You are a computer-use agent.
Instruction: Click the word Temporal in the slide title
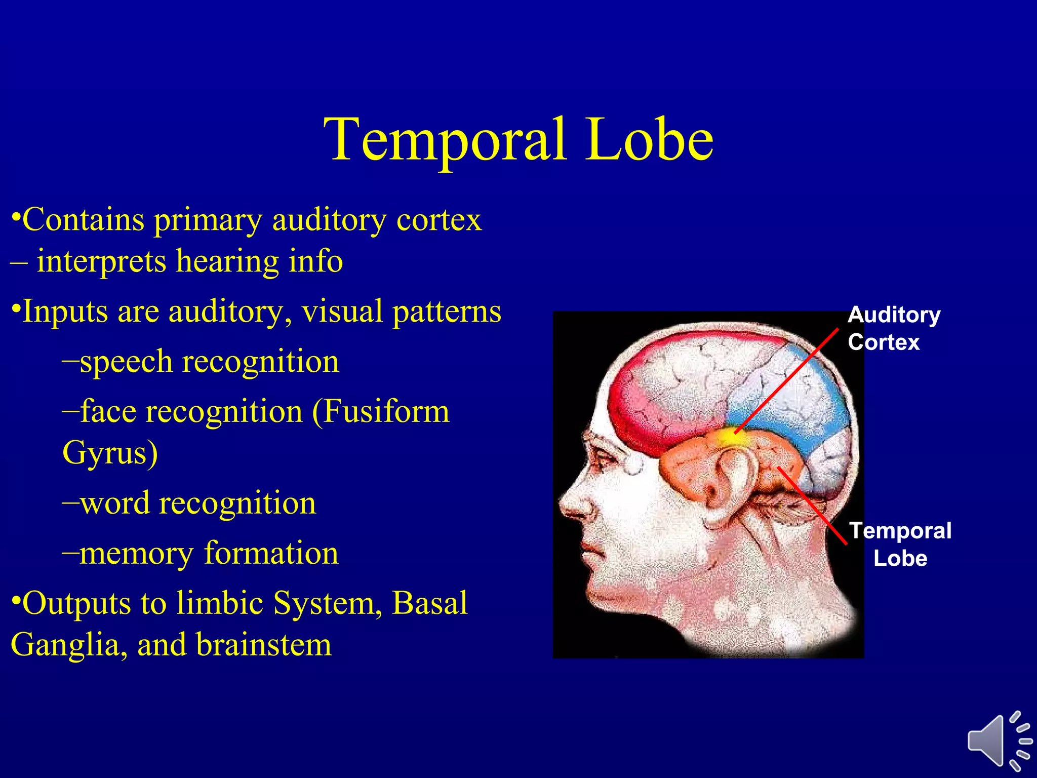(446, 139)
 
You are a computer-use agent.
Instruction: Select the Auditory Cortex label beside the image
(893, 328)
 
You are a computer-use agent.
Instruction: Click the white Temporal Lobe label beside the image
(900, 544)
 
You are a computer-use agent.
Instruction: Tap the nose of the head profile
(570, 504)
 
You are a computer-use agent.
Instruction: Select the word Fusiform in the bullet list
(386, 411)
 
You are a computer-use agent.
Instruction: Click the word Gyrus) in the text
(110, 452)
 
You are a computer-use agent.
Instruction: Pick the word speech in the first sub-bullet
(126, 362)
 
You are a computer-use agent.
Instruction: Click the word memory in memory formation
(136, 553)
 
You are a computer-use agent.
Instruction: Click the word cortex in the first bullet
(438, 220)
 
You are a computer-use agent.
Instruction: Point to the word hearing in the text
(227, 261)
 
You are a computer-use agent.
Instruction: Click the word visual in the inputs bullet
(342, 311)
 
